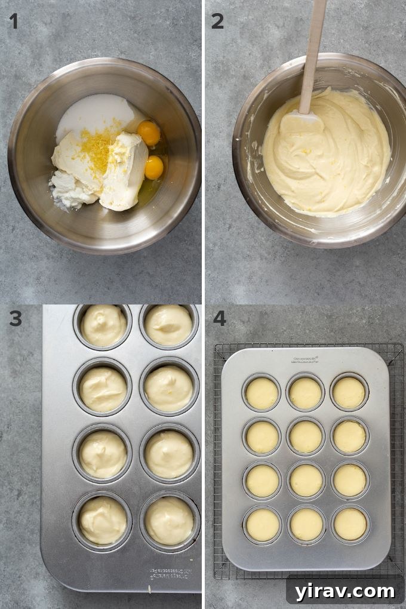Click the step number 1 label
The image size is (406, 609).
click(13, 21)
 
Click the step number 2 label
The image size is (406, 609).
click(217, 21)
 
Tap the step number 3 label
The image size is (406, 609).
click(15, 318)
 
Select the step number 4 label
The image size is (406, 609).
click(219, 318)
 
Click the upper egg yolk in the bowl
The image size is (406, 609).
click(149, 133)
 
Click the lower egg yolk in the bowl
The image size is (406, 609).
click(154, 167)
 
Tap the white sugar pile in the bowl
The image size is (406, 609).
click(96, 113)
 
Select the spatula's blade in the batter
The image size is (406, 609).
click(302, 122)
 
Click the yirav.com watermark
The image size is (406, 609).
click(345, 591)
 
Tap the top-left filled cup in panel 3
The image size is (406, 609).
click(103, 325)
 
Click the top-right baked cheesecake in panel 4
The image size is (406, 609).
click(349, 392)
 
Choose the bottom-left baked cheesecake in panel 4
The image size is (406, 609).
click(263, 524)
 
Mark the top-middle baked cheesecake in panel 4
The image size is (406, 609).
click(306, 393)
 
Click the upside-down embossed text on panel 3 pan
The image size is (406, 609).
click(174, 574)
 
